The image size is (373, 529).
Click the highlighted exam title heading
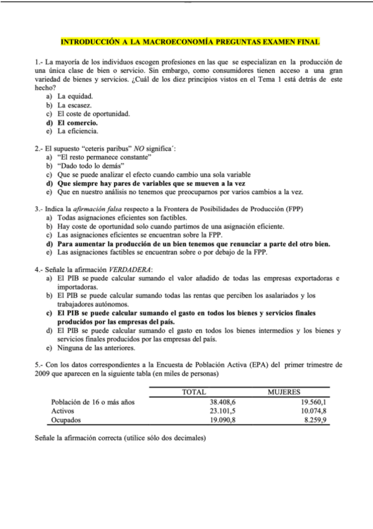pos(190,42)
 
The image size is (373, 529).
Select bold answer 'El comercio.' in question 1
pos(78,123)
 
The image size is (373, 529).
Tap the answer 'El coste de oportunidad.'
pos(93,114)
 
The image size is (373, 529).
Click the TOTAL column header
pos(194,392)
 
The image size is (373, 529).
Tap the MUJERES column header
pos(284,392)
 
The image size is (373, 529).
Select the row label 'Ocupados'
pos(67,420)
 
